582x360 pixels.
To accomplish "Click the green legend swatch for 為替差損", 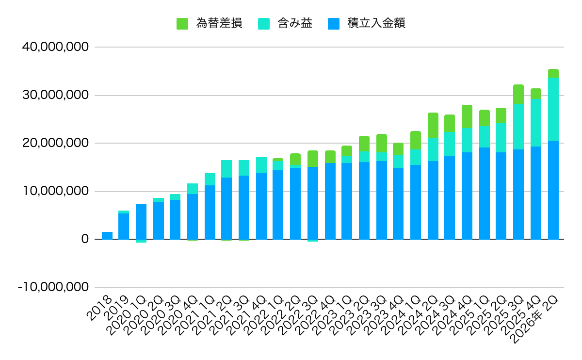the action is [182, 24].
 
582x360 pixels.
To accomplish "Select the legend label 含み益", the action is [295, 23].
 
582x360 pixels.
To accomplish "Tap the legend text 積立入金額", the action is [376, 23].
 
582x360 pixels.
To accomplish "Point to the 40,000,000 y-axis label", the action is [55, 47].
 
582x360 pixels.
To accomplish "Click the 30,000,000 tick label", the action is [55, 95].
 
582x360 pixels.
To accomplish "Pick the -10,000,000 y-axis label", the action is [53, 288].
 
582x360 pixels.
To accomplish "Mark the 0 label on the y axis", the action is [85, 239].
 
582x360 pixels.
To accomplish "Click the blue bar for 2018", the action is [107, 235].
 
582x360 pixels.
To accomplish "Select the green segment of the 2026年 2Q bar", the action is [553, 73].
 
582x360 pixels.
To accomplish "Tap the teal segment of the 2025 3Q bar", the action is [518, 127].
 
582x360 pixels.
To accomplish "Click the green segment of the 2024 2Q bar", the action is [433, 125].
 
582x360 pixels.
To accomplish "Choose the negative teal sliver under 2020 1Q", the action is [141, 241].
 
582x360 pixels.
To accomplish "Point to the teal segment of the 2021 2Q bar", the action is [226, 169].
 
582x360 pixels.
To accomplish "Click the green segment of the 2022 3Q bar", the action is [313, 159].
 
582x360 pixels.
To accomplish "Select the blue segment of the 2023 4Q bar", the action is [398, 203].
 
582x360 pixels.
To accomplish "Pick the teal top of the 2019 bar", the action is [124, 212].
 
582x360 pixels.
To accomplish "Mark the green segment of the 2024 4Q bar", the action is [467, 116].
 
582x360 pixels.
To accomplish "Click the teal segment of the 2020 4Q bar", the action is [193, 189].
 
